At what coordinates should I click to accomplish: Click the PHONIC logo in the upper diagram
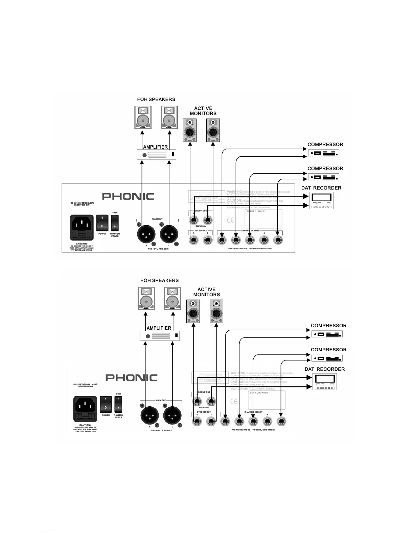(128, 196)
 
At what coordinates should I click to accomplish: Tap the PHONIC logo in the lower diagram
(132, 377)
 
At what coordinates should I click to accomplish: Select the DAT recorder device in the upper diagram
(321, 201)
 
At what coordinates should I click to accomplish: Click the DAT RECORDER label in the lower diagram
(325, 369)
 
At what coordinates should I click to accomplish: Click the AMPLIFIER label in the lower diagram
(159, 328)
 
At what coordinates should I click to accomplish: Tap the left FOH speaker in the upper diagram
(143, 117)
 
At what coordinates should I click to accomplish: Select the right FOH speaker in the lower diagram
(172, 298)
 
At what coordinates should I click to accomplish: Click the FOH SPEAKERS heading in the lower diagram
(160, 280)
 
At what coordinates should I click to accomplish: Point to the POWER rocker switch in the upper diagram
(102, 223)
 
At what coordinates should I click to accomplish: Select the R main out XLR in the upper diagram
(146, 233)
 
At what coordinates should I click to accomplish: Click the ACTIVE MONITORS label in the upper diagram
(203, 111)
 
